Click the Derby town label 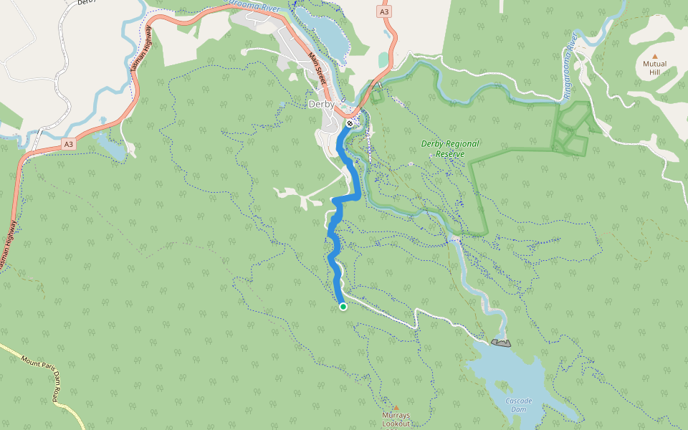(320, 104)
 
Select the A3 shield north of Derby (385, 11)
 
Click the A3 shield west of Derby (68, 144)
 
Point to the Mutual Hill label (654, 68)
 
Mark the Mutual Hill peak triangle (654, 54)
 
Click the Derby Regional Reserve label (450, 149)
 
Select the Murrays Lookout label (396, 419)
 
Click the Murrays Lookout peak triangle (396, 407)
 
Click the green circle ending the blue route (343, 307)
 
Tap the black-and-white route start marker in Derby (349, 124)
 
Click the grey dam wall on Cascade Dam (501, 343)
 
